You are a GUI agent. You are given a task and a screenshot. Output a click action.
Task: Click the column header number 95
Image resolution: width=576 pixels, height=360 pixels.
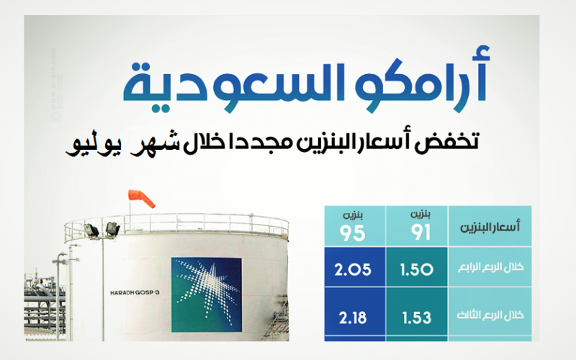tap(352, 233)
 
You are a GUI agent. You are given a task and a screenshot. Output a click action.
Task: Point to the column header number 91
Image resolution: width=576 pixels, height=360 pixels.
tap(421, 233)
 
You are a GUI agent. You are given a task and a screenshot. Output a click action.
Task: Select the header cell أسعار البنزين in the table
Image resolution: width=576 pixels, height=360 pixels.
tap(490, 226)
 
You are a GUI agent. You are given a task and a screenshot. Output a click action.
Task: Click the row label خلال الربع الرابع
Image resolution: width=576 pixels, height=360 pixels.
tap(491, 267)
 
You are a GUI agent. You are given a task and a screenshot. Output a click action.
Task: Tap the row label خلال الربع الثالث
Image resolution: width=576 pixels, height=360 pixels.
tap(490, 315)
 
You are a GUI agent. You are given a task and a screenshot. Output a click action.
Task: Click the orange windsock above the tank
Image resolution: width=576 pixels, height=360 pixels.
tap(142, 199)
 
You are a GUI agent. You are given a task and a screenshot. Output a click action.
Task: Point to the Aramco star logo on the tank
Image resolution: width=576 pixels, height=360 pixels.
tap(207, 294)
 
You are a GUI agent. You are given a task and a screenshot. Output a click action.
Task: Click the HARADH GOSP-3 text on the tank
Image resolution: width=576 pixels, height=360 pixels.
tap(135, 293)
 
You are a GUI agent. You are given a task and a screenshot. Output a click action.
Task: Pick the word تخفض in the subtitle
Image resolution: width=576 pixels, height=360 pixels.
tap(447, 141)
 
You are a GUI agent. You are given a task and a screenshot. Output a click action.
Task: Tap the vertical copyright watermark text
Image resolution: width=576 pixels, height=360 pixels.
tap(56, 85)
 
